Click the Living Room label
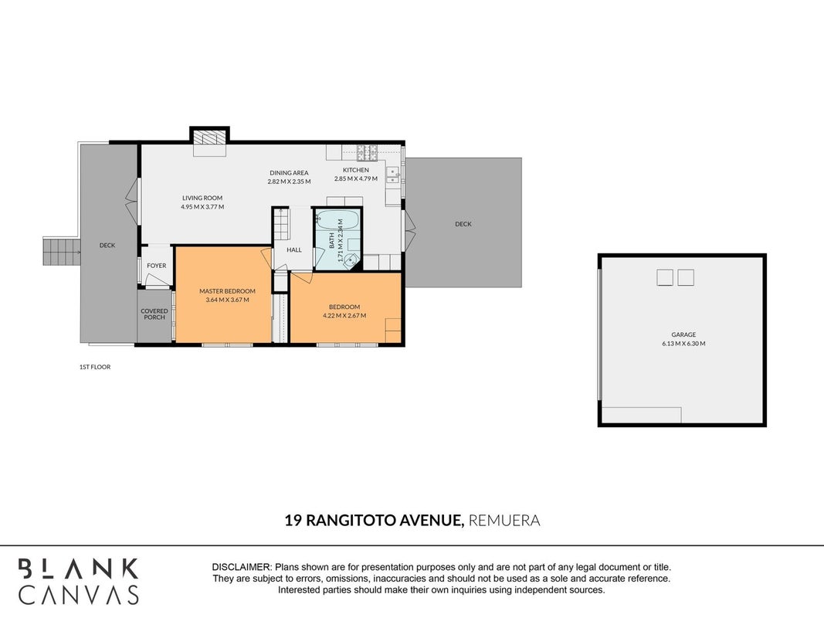pos(202,198)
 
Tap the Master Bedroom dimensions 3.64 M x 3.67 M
pos(228,300)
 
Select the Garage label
pos(683,334)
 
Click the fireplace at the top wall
pos(210,139)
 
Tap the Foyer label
pos(157,266)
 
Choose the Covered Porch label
pos(154,314)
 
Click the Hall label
pos(294,250)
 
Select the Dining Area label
pos(289,173)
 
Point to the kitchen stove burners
pos(367,152)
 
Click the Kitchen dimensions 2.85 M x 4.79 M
pos(356,178)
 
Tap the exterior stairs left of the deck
pos(61,250)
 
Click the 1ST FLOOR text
pos(95,367)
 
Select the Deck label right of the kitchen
pos(463,224)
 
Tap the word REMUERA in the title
pos(504,520)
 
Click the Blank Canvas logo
pos(78,581)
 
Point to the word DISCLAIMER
pos(242,568)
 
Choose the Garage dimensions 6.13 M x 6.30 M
pos(683,344)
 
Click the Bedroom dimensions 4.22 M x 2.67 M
pos(344,316)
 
